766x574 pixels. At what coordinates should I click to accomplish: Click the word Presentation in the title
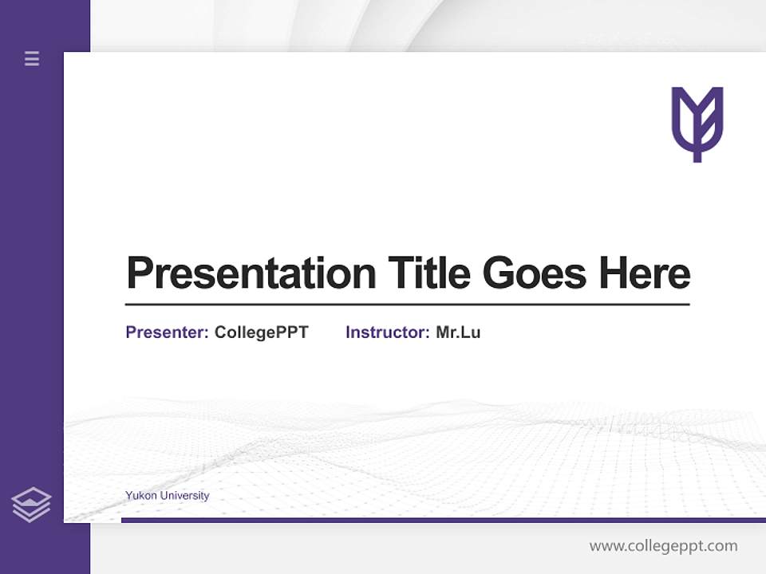pos(251,273)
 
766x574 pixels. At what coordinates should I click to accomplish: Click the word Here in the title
pos(644,273)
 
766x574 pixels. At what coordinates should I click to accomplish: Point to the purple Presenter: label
pos(167,332)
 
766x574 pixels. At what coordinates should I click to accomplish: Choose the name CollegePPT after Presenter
pos(261,332)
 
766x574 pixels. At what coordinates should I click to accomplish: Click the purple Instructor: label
pos(387,332)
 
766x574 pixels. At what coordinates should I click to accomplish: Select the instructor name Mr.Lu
pos(458,332)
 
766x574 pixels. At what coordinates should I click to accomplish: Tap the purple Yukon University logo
pos(697,124)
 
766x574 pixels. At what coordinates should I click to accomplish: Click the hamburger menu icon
pos(32,58)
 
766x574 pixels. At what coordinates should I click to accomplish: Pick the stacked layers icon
pos(31,505)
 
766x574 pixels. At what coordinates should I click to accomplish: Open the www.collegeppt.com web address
pos(663,546)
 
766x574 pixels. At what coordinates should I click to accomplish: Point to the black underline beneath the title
pos(407,304)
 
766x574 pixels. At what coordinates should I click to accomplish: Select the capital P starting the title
pos(140,273)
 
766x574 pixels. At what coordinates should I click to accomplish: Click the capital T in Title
pos(401,273)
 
